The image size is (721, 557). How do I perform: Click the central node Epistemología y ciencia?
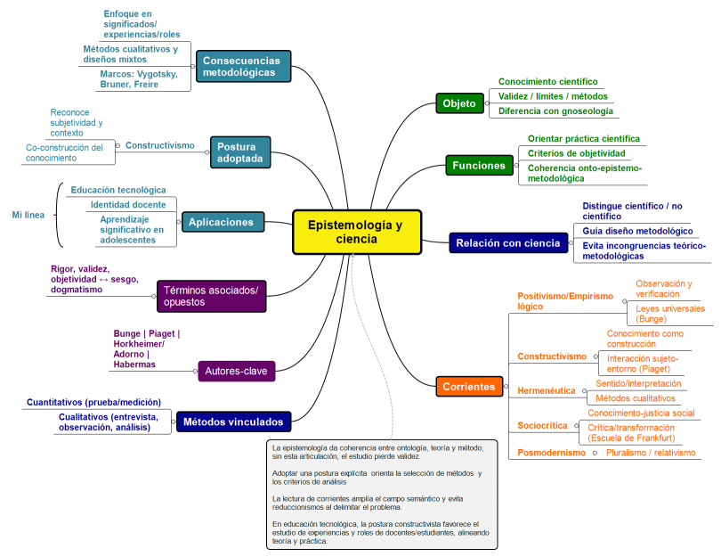click(356, 232)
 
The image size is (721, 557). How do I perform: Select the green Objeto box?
click(459, 103)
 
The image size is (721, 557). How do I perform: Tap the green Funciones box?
click(479, 165)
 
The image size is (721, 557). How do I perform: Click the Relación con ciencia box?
click(507, 242)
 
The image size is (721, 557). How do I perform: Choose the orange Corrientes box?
click(468, 387)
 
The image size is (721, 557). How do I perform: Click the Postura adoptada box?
click(240, 152)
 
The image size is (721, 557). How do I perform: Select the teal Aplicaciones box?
click(220, 222)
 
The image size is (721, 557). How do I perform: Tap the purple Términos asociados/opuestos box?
click(211, 296)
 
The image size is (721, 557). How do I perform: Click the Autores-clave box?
click(236, 369)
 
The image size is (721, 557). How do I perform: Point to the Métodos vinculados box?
click(233, 422)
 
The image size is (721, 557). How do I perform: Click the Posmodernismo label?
click(552, 453)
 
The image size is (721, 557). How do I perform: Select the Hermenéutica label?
click(547, 390)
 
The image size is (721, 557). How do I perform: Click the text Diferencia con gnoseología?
click(555, 111)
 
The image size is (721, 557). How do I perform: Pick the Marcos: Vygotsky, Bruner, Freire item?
click(137, 79)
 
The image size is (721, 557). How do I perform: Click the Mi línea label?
click(28, 215)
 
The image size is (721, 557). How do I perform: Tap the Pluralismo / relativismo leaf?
click(652, 453)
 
